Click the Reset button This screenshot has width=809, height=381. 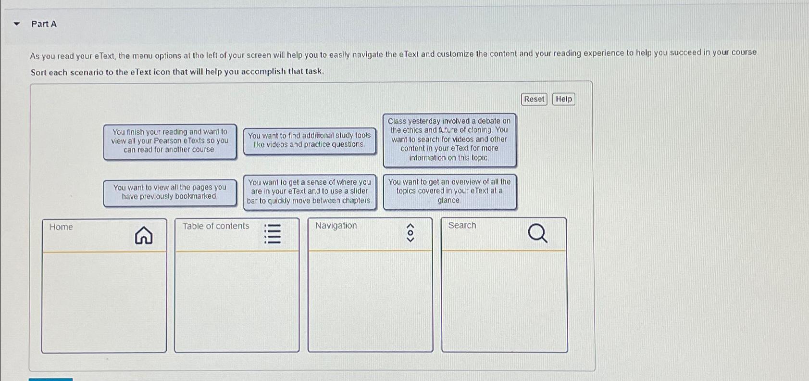click(x=534, y=99)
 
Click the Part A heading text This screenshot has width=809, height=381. click(x=44, y=24)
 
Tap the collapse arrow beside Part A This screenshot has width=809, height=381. click(x=17, y=24)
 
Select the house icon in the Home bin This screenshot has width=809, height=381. click(x=143, y=236)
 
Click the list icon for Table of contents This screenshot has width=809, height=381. click(x=273, y=233)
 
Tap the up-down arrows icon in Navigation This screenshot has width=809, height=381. click(x=410, y=233)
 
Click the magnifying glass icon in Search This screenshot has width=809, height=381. click(x=537, y=234)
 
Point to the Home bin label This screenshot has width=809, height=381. click(x=61, y=227)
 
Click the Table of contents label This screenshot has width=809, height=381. click(x=216, y=226)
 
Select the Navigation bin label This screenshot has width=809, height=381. click(x=336, y=226)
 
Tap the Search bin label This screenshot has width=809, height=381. click(x=462, y=225)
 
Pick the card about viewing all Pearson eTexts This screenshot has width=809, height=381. click(x=170, y=141)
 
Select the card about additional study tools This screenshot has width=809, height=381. click(x=309, y=140)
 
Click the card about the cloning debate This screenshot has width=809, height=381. click(x=449, y=140)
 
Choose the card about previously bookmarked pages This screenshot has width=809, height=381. click(x=170, y=192)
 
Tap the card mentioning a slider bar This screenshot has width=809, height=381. click(x=309, y=191)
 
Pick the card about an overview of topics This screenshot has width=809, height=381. click(x=449, y=191)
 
